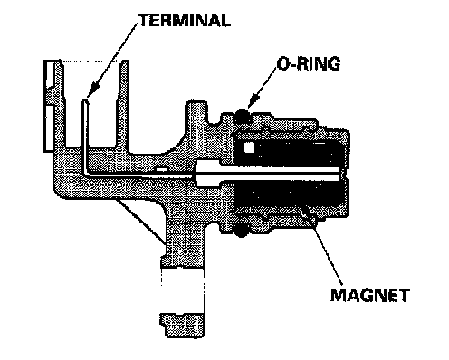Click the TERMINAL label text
click(x=185, y=20)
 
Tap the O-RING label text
click(x=309, y=63)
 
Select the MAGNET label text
click(x=370, y=295)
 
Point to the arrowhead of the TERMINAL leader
click(x=93, y=90)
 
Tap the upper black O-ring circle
click(x=243, y=116)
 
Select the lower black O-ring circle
click(x=241, y=231)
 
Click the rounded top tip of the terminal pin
click(x=86, y=100)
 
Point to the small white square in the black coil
click(x=249, y=147)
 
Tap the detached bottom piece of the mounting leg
click(x=183, y=325)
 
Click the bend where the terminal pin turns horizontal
click(x=86, y=173)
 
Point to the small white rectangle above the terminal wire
click(x=162, y=170)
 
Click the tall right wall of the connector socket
click(x=122, y=106)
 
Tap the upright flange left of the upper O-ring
click(x=196, y=116)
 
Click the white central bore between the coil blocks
click(x=269, y=174)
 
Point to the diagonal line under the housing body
click(x=141, y=222)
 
